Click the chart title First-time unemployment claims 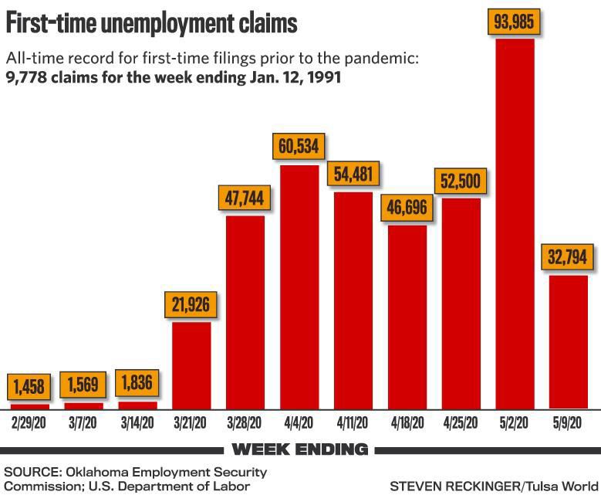click(151, 23)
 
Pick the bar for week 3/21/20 click(191, 364)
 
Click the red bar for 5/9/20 click(569, 341)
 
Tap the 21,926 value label click(191, 304)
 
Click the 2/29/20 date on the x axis click(30, 423)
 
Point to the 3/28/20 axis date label click(245, 423)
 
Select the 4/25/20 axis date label click(461, 423)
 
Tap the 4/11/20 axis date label click(353, 423)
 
